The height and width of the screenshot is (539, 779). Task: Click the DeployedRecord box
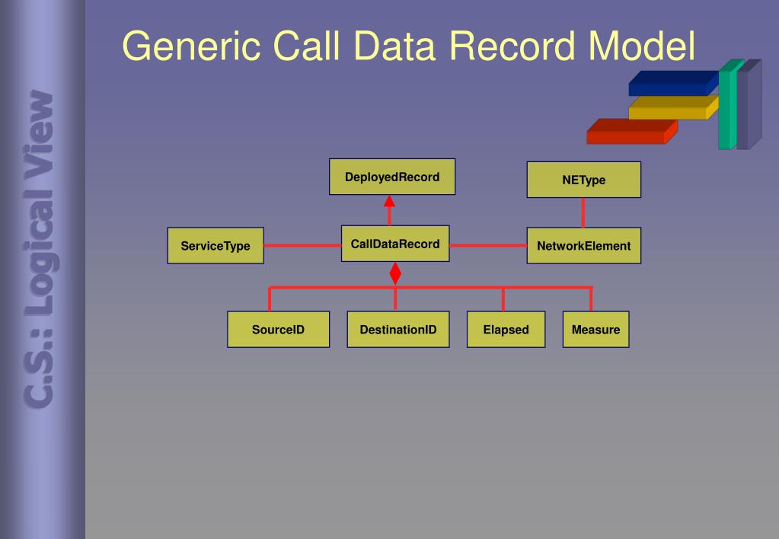392,177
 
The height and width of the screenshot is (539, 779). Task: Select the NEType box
583,180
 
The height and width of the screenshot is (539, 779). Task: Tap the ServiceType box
216,246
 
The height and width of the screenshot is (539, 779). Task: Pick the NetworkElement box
583,246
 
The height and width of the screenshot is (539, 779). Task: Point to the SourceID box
278,330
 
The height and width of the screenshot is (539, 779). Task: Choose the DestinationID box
397,330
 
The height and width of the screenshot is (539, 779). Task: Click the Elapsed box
506,330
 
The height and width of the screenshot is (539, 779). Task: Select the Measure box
595,330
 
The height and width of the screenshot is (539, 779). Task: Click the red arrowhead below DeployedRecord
389,201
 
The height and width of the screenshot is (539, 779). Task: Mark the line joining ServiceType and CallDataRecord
302,245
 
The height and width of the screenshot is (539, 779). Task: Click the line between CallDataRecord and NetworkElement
488,245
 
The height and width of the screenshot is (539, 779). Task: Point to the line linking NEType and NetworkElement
583,213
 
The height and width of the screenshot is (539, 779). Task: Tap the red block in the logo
628,132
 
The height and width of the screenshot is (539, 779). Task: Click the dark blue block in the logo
672,83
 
